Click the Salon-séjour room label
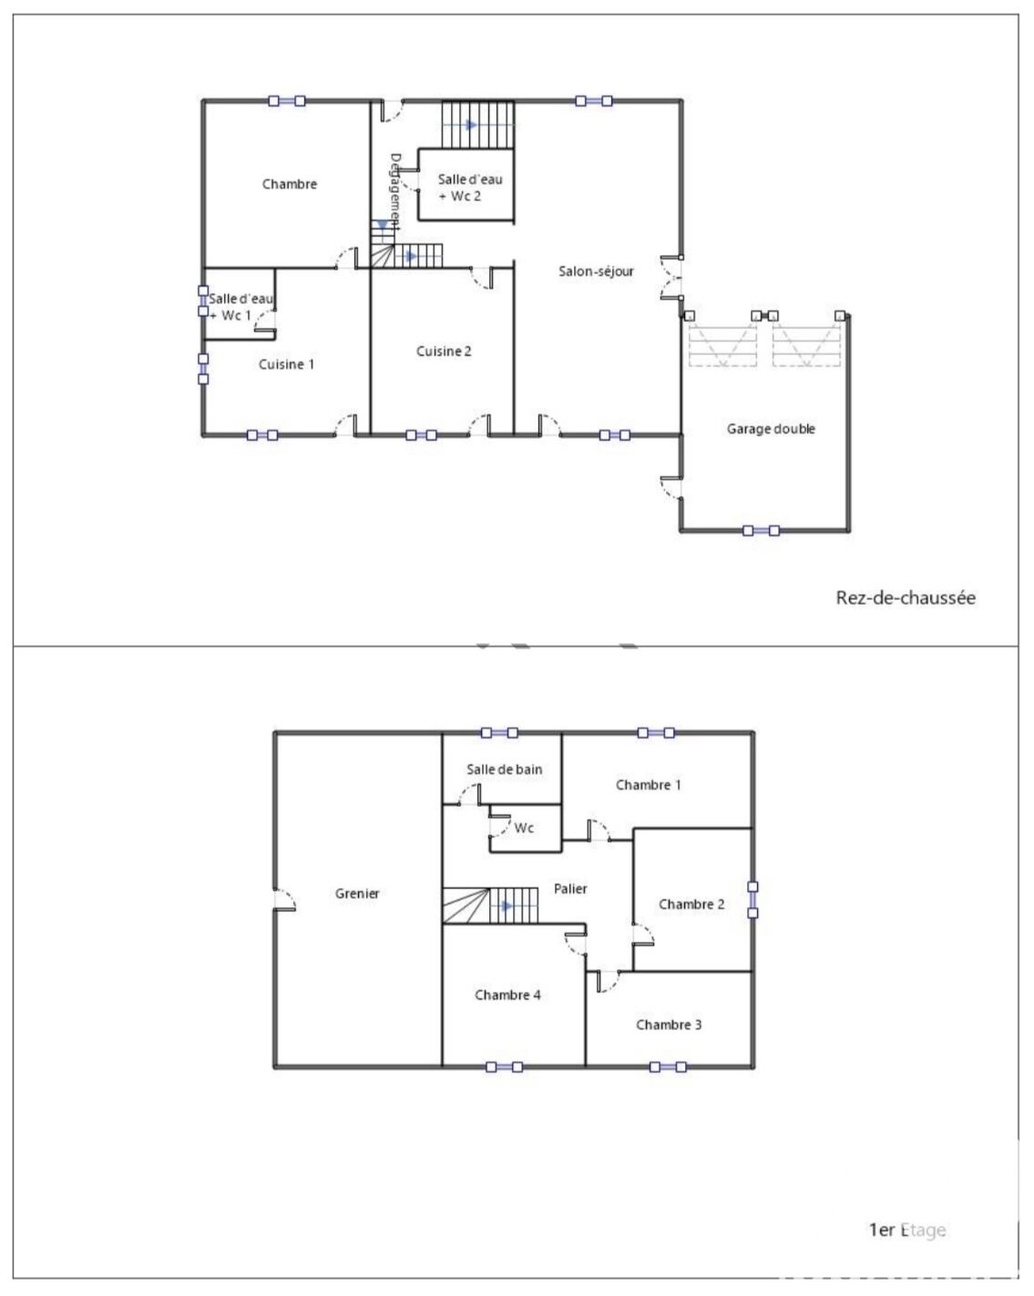coord(595,271)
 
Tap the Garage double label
coord(770,429)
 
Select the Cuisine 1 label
coord(286,364)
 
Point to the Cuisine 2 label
coord(444,352)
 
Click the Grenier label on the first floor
coord(357,893)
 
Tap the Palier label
coord(570,889)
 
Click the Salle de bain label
coord(505,769)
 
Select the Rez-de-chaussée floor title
coord(905,598)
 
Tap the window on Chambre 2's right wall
coord(752,900)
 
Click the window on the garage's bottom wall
coord(761,531)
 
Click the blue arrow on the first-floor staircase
coord(507,906)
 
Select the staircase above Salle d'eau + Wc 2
coord(478,125)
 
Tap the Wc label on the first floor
coord(524,828)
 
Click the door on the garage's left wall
coord(671,488)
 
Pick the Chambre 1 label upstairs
coord(648,785)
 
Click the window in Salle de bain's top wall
coord(499,733)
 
